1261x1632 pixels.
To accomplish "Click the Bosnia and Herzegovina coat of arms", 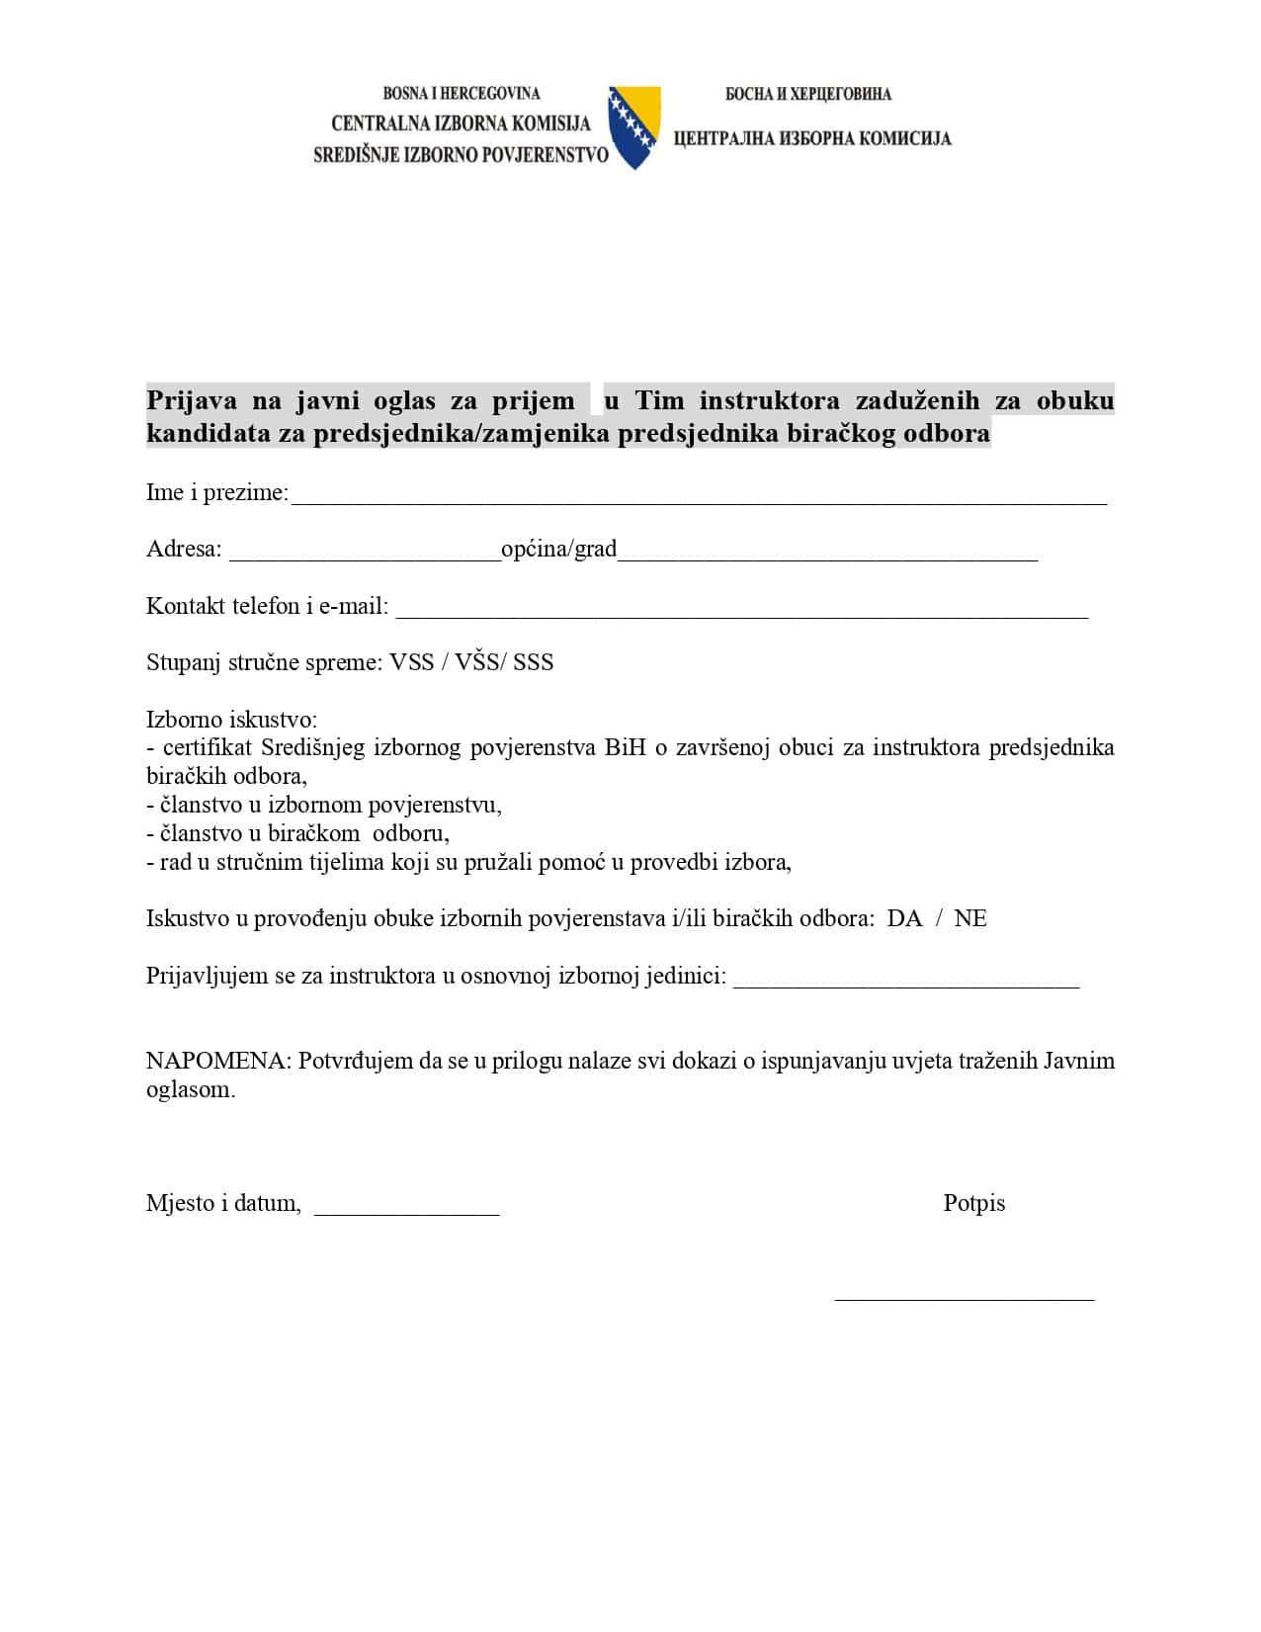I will pyautogui.click(x=633, y=127).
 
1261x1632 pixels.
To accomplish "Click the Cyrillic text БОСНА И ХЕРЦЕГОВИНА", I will pyautogui.click(x=807, y=94).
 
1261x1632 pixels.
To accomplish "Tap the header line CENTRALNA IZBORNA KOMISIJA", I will pyautogui.click(x=461, y=124).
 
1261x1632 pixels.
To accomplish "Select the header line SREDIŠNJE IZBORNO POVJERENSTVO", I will pyautogui.click(x=461, y=155).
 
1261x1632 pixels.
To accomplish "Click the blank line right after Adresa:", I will pyautogui.click(x=365, y=554).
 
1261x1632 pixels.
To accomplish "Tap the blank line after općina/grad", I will pyautogui.click(x=827, y=554).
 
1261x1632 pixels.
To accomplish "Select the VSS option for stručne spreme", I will pyautogui.click(x=412, y=662).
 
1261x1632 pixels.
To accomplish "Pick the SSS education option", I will pyautogui.click(x=534, y=662).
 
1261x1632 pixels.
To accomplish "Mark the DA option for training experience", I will pyautogui.click(x=904, y=918).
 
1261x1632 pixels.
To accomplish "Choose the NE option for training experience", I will pyautogui.click(x=970, y=918).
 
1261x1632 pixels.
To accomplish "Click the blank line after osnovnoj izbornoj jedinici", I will pyautogui.click(x=906, y=981).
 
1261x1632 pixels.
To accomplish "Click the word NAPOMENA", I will pyautogui.click(x=216, y=1061).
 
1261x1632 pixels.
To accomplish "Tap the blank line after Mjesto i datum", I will pyautogui.click(x=406, y=1208).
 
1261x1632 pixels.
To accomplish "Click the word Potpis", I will pyautogui.click(x=973, y=1203).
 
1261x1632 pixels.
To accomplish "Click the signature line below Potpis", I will pyautogui.click(x=965, y=1296).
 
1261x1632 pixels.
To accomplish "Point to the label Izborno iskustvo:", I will pyautogui.click(x=231, y=719).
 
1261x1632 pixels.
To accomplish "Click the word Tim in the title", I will pyautogui.click(x=659, y=400).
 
